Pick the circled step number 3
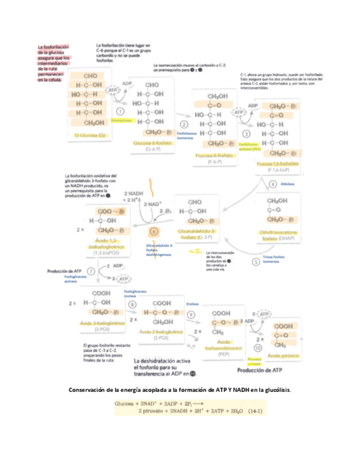[246, 133]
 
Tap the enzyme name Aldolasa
[287, 184]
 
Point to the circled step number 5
[256, 262]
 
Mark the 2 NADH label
[133, 194]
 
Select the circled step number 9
[191, 314]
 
